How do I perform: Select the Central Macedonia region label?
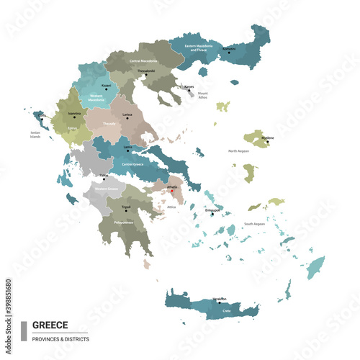143,61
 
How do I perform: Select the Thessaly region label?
109,123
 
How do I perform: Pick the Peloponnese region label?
124,222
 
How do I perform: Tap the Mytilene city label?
266,135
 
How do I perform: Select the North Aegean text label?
239,151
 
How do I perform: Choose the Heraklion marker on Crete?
220,302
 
